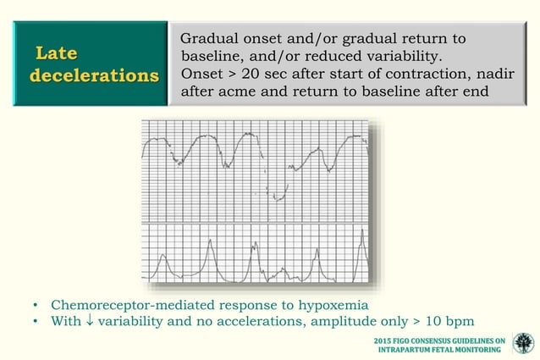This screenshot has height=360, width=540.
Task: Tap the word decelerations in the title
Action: pyautogui.click(x=94, y=75)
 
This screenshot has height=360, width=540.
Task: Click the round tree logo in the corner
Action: pyautogui.click(x=523, y=344)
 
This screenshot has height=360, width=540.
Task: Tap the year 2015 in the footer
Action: pyautogui.click(x=385, y=340)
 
